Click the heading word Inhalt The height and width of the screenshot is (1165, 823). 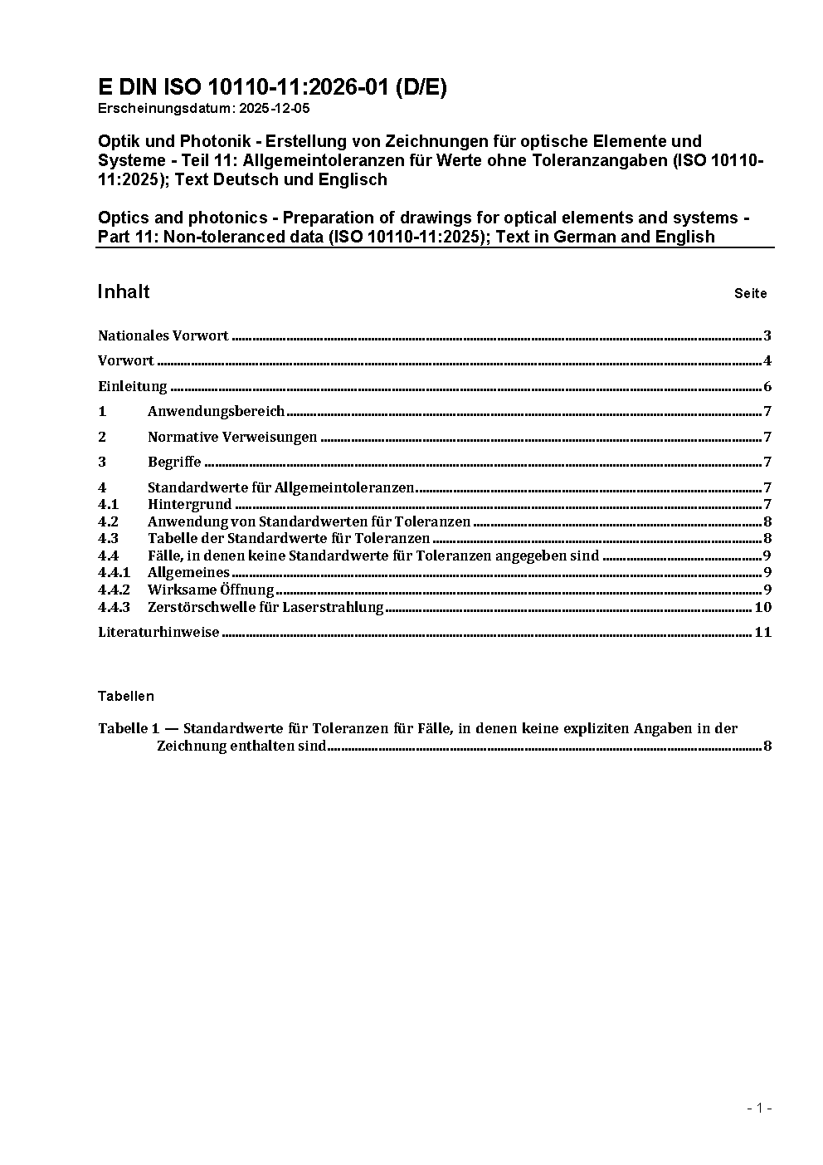tap(124, 291)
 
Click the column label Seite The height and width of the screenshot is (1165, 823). tap(750, 293)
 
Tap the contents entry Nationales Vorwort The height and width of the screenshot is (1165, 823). tap(163, 335)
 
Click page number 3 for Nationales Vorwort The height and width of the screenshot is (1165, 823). tap(767, 335)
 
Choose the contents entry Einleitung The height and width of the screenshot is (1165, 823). tap(132, 386)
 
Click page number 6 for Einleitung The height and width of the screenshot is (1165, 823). tap(767, 386)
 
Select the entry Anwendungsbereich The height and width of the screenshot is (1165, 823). tap(216, 411)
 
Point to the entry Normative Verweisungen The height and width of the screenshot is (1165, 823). tap(232, 437)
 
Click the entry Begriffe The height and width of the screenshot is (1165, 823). tap(174, 462)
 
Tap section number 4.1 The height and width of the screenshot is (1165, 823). tap(108, 504)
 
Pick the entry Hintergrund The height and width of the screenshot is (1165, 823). tap(189, 504)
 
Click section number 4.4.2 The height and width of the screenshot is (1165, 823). tap(114, 590)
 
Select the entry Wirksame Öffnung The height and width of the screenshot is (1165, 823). tap(211, 590)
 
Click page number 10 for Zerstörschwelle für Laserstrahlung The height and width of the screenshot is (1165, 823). tap(762, 607)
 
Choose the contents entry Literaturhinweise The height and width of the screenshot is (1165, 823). tap(158, 632)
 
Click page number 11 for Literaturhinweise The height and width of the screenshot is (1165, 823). tap(762, 632)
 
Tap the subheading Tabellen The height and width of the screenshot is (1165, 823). tap(125, 696)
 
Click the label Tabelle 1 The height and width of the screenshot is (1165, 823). tap(128, 728)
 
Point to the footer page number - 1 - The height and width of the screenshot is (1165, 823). tap(759, 1108)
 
